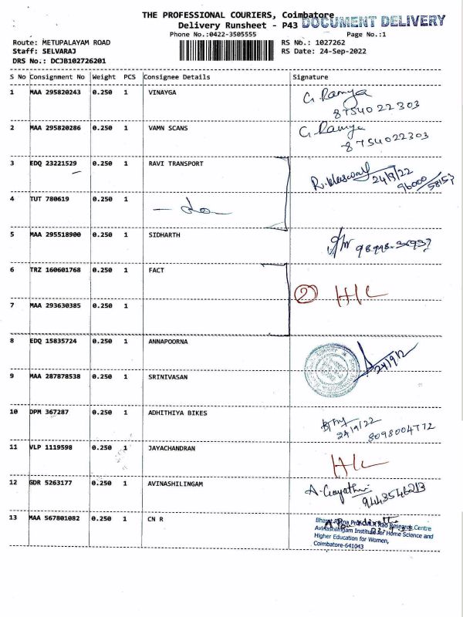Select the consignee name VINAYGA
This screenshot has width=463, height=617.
point(164,93)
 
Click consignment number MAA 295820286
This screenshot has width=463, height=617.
point(55,128)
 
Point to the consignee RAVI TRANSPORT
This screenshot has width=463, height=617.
point(175,164)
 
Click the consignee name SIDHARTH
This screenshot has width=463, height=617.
point(164,234)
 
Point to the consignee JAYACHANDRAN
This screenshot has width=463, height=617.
point(171,448)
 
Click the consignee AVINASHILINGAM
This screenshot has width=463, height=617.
point(177,483)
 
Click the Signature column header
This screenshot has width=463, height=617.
point(310,77)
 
